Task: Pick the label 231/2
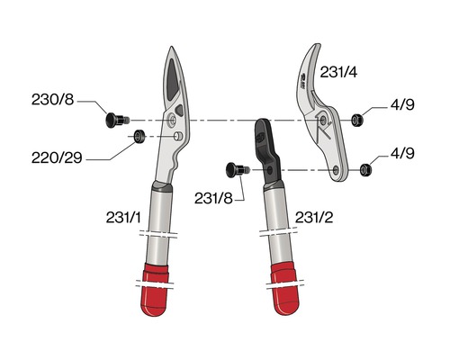316,216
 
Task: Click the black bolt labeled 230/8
115,119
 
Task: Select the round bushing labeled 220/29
139,137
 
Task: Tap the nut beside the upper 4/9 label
357,119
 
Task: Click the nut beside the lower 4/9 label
364,167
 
